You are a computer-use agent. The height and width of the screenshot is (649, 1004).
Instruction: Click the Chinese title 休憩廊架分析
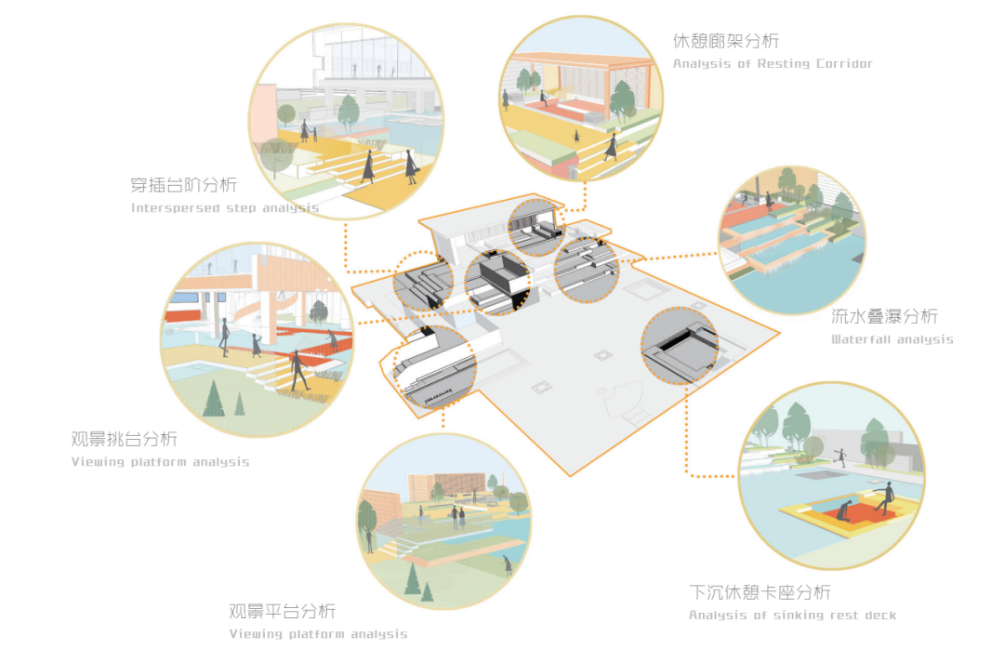(725, 41)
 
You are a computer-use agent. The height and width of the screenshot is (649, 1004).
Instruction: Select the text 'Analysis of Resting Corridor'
(773, 64)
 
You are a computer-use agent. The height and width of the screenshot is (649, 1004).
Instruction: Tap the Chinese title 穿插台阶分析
(184, 184)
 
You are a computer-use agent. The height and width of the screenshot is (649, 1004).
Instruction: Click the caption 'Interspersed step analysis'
(225, 208)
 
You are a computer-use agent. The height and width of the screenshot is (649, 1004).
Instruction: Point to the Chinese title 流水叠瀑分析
(884, 316)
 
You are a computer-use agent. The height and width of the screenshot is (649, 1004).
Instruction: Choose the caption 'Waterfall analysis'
(892, 339)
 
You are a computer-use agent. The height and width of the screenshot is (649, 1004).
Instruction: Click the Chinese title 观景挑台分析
(124, 439)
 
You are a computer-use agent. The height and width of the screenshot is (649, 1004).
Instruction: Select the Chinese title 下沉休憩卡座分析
(760, 592)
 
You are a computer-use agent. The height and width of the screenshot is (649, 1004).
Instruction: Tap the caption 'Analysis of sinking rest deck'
(792, 616)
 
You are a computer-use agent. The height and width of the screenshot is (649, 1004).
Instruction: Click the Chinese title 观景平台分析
(282, 611)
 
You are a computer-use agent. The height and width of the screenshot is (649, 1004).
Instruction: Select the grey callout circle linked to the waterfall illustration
(586, 270)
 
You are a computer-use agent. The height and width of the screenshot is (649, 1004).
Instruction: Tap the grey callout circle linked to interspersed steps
(423, 281)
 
